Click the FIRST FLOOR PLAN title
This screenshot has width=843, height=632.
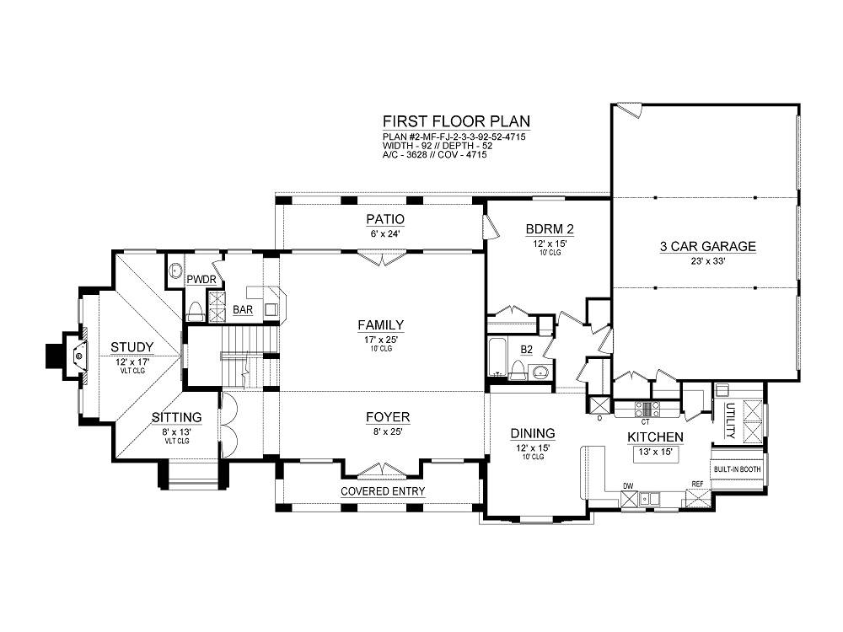pyautogui.click(x=456, y=121)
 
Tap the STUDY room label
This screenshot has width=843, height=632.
pyautogui.click(x=132, y=347)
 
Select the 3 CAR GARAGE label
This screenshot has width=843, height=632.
pyautogui.click(x=707, y=247)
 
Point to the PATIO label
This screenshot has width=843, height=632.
pyautogui.click(x=385, y=219)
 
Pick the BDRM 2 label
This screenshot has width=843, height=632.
pyautogui.click(x=550, y=229)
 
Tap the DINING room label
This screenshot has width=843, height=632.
pyautogui.click(x=532, y=433)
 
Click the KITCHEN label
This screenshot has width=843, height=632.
pyautogui.click(x=655, y=437)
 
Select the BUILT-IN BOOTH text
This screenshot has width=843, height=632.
pyautogui.click(x=737, y=469)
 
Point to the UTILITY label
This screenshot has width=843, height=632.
pyautogui.click(x=729, y=420)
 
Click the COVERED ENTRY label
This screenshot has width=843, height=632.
pyautogui.click(x=383, y=491)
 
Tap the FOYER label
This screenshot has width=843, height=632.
pyautogui.click(x=388, y=417)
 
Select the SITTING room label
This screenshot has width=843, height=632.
pyautogui.click(x=177, y=418)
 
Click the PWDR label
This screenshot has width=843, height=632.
pyautogui.click(x=201, y=280)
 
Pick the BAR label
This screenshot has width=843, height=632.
pyautogui.click(x=243, y=310)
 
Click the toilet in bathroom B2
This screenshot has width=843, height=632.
pyautogui.click(x=518, y=370)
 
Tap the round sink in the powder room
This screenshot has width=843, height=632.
pyautogui.click(x=175, y=270)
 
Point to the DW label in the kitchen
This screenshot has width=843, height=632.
pyautogui.click(x=628, y=486)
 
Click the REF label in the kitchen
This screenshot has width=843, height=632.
pyautogui.click(x=697, y=485)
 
